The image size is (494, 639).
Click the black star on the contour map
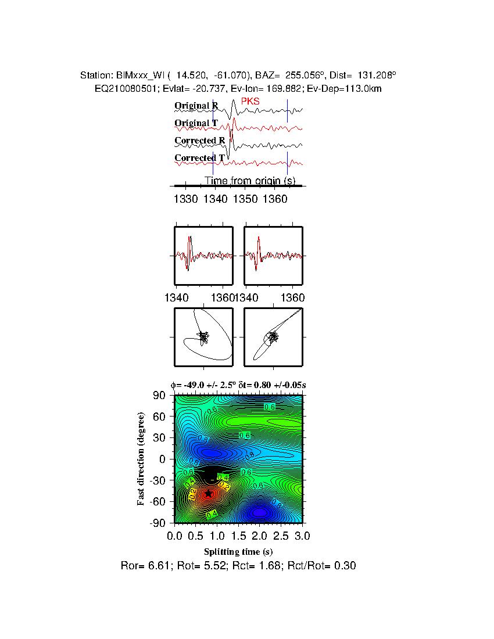209,493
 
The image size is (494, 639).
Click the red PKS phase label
250,101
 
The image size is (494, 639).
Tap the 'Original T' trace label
196,123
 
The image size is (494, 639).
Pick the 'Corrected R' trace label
199,141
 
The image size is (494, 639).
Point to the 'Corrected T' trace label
199,158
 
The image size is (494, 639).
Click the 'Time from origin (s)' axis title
250,181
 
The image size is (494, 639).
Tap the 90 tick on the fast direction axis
160,396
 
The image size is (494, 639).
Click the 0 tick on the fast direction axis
163,459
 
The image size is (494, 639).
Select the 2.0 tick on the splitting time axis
260,534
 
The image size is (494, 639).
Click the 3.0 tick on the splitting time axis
302,534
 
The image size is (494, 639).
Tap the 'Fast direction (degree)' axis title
141,459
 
